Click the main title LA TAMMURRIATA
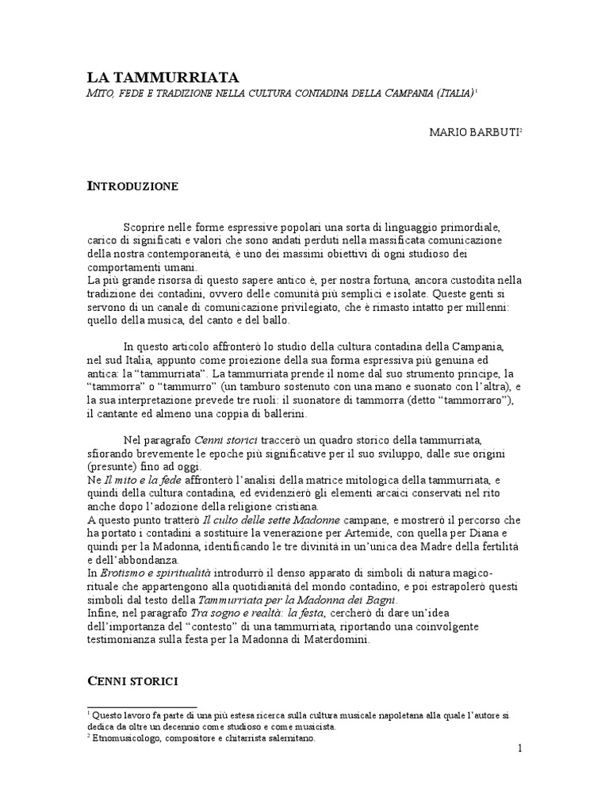163,77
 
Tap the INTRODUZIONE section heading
132,187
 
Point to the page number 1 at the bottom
519,749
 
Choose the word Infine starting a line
101,613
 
